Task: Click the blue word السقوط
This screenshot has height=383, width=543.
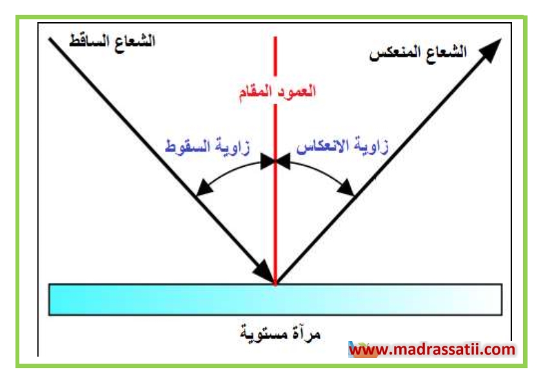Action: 188,146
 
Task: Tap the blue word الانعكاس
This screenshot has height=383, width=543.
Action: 322,146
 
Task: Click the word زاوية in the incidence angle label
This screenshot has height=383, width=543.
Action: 232,147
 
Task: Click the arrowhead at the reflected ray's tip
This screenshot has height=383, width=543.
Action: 490,50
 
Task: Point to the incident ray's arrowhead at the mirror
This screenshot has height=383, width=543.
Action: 265,272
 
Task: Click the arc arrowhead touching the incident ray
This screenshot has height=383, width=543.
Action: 204,188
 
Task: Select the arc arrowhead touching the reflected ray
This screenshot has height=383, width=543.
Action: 346,188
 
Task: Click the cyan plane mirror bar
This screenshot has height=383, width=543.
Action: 275,299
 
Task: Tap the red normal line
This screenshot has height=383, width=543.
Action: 275,161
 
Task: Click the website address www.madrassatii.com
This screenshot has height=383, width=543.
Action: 432,349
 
